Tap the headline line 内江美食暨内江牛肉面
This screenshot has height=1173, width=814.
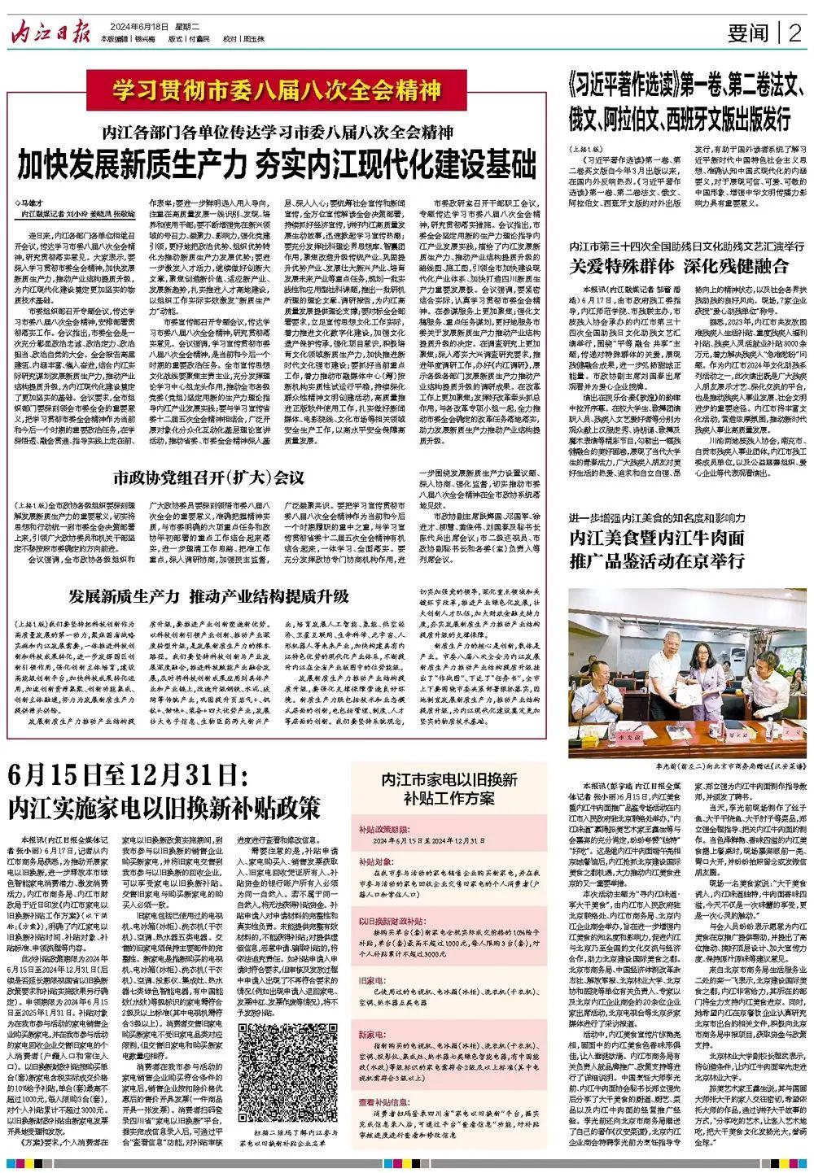click(x=656, y=537)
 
